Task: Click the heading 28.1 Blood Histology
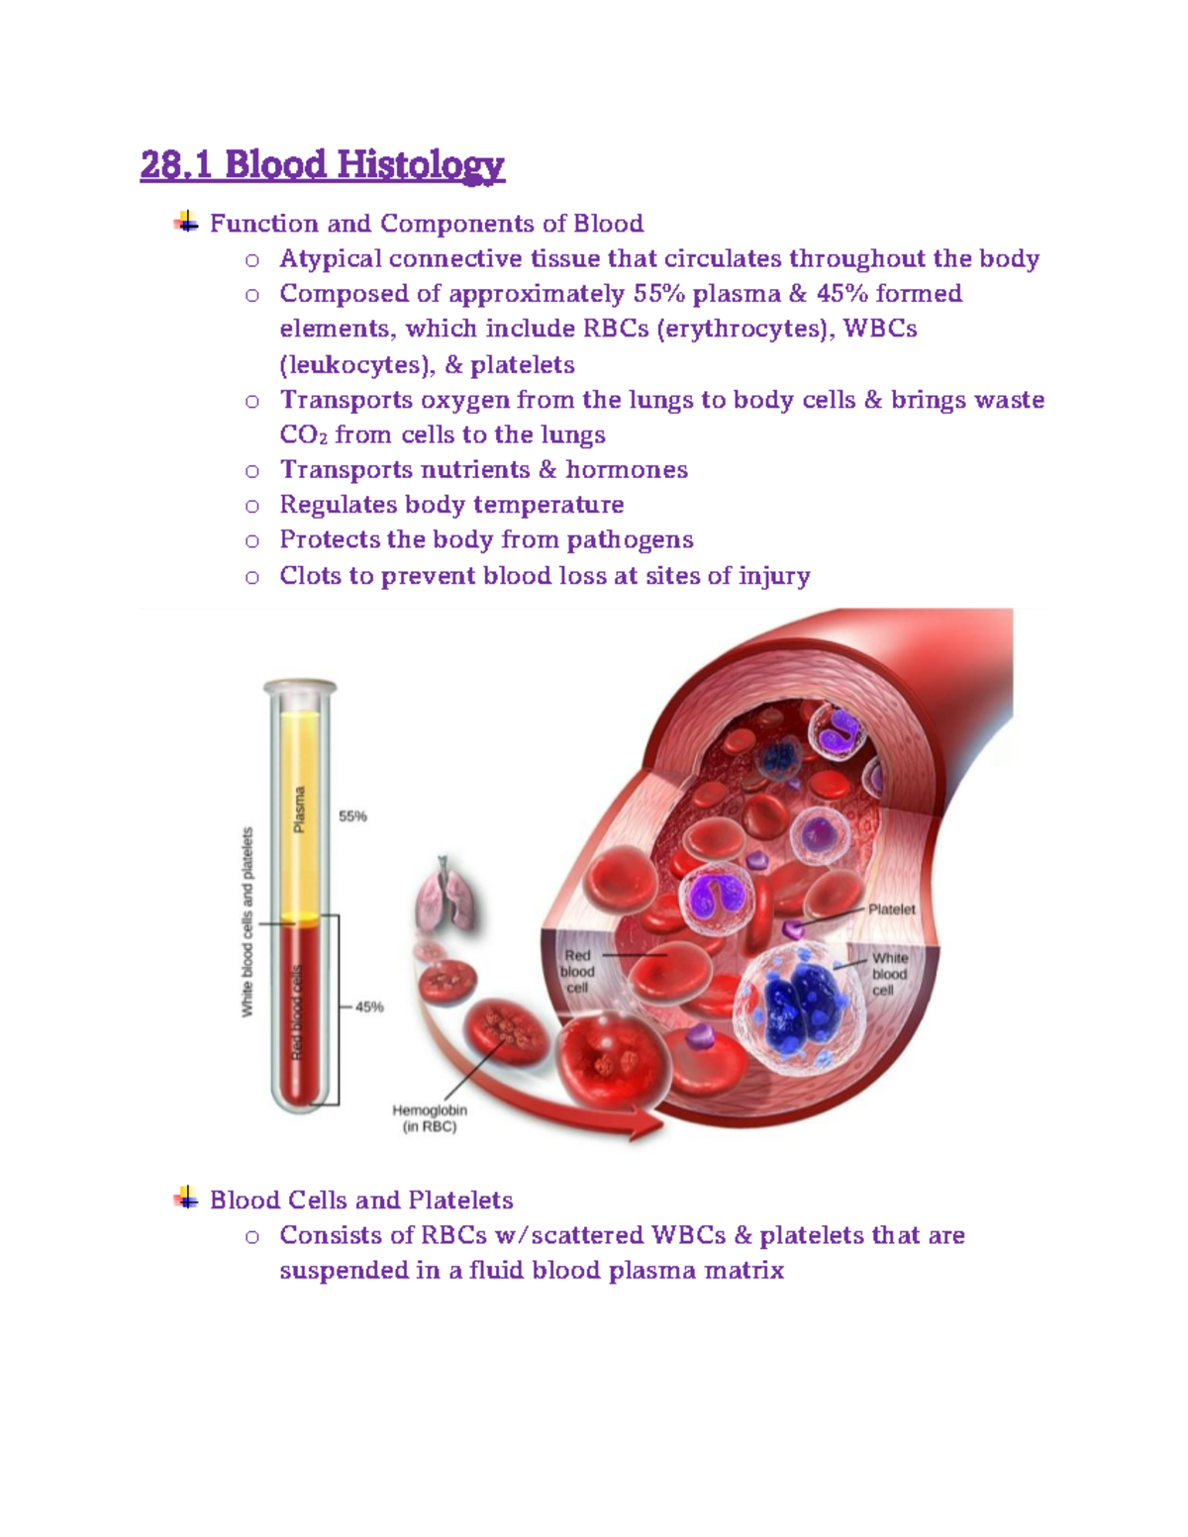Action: pyautogui.click(x=323, y=164)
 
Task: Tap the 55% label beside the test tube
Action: pyautogui.click(x=352, y=817)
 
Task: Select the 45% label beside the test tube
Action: pyautogui.click(x=368, y=1007)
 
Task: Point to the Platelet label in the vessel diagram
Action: pyautogui.click(x=891, y=910)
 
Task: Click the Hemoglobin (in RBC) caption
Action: pyautogui.click(x=430, y=1118)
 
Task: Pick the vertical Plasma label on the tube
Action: pyautogui.click(x=299, y=810)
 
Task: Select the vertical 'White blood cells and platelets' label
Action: pyautogui.click(x=247, y=921)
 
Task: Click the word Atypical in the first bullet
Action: pyautogui.click(x=331, y=259)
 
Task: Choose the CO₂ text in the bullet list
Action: pyautogui.click(x=303, y=435)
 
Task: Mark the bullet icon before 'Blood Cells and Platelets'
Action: pyautogui.click(x=186, y=1200)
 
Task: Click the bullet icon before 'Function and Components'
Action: pyautogui.click(x=186, y=223)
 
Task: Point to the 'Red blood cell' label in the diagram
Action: pyautogui.click(x=577, y=972)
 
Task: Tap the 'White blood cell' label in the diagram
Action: pyautogui.click(x=889, y=974)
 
